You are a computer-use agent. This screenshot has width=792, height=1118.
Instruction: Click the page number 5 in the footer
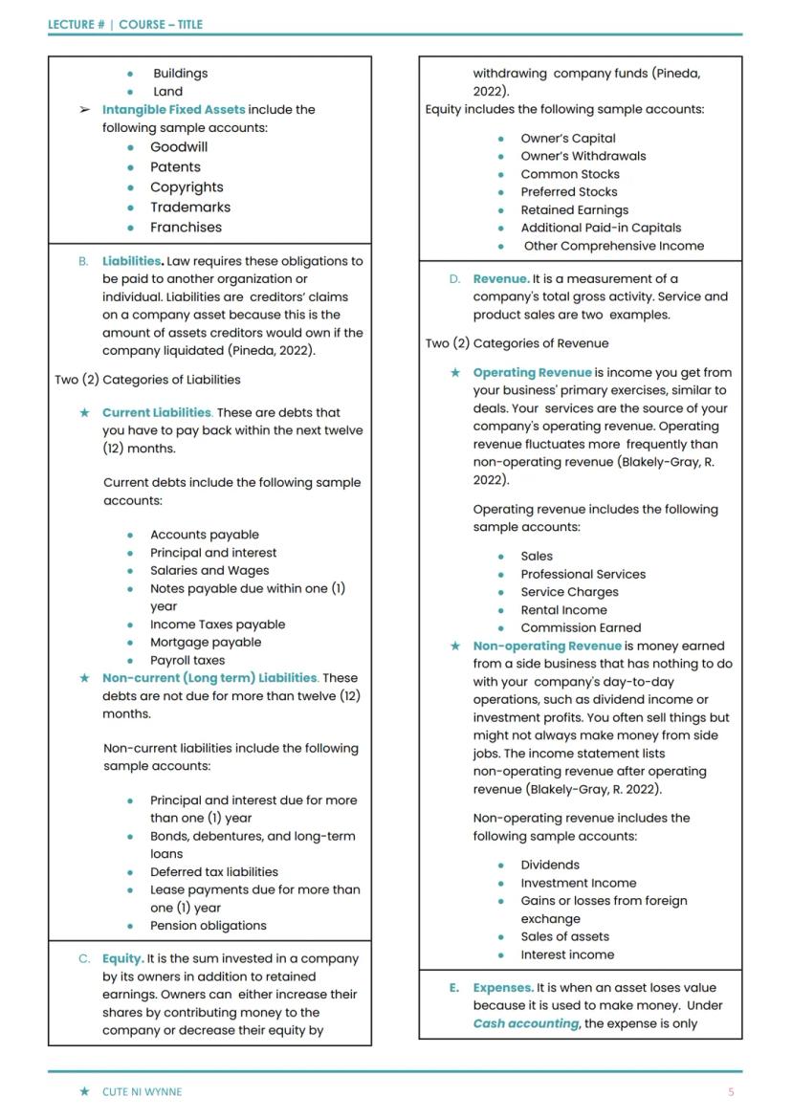731,1091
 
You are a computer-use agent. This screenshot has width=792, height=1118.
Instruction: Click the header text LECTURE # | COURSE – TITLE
125,24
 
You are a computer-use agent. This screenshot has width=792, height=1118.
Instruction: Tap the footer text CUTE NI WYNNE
142,1091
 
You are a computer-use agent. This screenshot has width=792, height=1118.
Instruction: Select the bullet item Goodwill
179,147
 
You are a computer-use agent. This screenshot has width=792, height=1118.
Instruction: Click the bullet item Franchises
186,228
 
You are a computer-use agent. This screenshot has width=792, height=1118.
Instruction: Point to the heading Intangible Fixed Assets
173,110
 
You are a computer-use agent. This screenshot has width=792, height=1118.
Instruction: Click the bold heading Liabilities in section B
132,261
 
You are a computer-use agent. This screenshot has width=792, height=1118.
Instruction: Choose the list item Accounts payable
204,535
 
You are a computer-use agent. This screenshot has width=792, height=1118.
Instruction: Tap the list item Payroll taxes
187,660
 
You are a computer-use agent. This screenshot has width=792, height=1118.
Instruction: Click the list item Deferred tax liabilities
214,871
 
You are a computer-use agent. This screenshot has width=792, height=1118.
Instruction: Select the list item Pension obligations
209,925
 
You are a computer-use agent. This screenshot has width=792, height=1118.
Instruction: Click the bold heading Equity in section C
122,958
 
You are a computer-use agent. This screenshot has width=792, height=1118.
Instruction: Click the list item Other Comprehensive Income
613,246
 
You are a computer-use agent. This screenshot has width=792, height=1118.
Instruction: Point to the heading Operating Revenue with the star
532,372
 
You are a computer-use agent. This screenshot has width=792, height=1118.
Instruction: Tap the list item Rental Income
563,609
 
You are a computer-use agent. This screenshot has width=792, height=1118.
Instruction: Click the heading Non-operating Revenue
547,646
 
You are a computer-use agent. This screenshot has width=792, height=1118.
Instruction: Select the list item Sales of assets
564,936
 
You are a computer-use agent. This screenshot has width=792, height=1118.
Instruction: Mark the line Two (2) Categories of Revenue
517,343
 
